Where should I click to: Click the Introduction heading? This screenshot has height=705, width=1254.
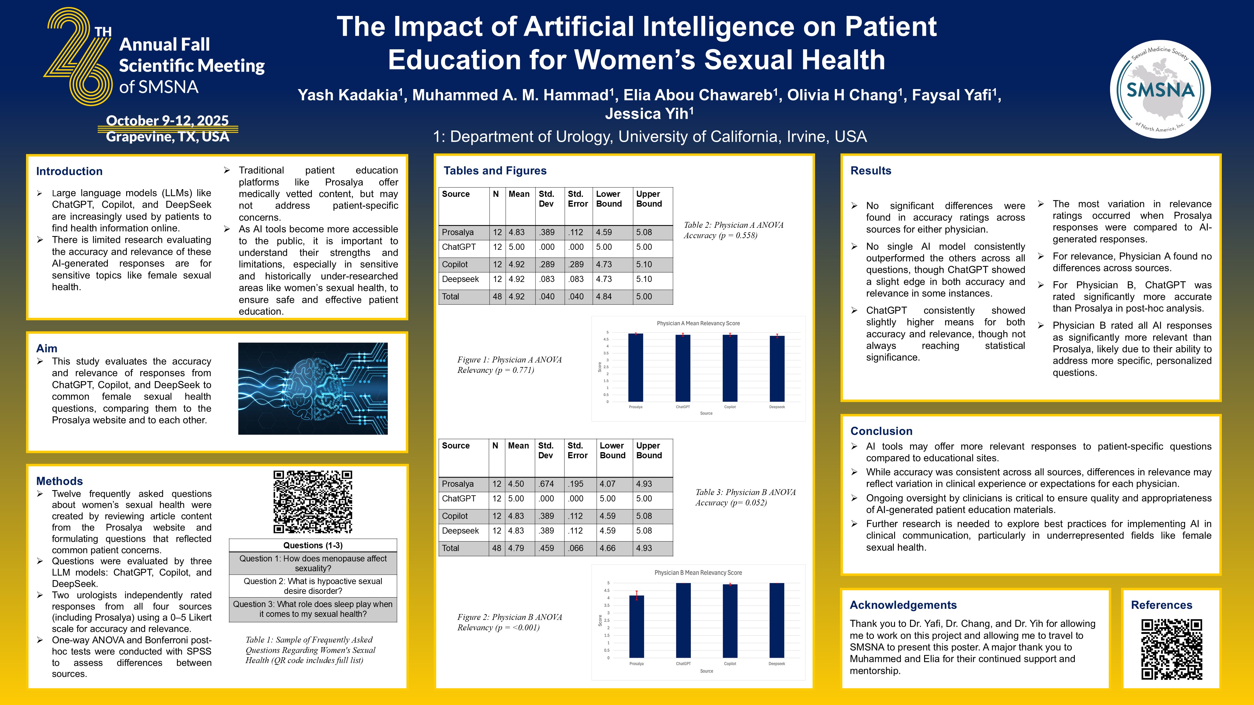point(69,171)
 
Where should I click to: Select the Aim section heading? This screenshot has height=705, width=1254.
point(47,348)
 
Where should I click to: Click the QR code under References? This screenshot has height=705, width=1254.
point(1171,649)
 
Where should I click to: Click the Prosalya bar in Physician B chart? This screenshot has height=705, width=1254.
point(636,626)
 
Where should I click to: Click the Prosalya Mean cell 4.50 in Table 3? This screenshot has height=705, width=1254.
point(516,484)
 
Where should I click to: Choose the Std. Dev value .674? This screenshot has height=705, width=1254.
point(546,484)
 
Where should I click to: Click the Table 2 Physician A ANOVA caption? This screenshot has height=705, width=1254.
point(733,230)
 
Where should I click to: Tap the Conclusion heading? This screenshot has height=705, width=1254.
point(881,431)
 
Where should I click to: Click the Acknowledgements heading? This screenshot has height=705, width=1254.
point(903,605)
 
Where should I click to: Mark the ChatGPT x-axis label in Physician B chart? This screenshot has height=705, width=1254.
point(683,664)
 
